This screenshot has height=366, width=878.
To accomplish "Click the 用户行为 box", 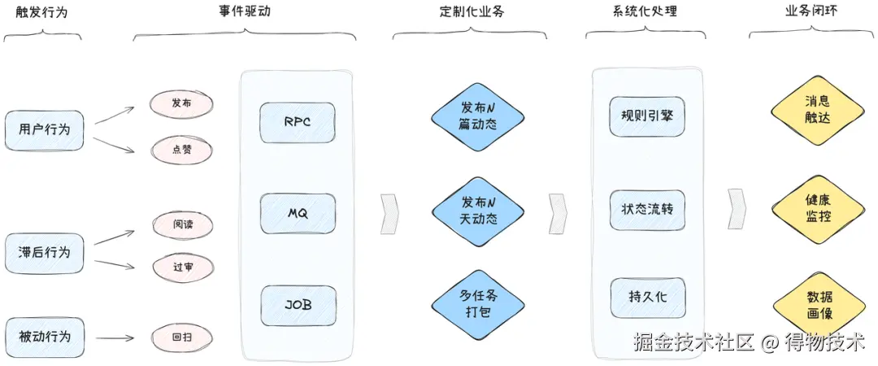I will click(44, 129).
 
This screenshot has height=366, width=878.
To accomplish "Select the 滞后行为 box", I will click(44, 253).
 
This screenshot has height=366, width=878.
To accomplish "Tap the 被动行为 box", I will click(44, 337).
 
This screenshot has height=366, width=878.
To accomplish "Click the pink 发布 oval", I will click(181, 103).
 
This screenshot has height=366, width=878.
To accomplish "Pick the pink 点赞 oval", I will click(181, 149).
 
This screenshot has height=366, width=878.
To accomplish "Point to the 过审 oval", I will click(182, 266).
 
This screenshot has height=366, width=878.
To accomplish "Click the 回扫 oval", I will click(182, 337).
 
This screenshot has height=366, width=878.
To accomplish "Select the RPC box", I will click(298, 123).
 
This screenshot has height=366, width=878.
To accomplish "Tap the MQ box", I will click(298, 214).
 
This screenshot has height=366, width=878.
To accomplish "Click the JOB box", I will click(298, 306).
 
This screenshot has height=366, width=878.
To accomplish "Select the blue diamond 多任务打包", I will click(478, 305).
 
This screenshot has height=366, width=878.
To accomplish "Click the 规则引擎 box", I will click(647, 115).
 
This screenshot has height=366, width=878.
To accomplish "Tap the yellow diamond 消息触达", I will click(817, 110).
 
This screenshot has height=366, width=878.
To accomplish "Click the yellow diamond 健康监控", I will click(817, 208).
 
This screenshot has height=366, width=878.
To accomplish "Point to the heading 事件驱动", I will click(244, 11).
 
